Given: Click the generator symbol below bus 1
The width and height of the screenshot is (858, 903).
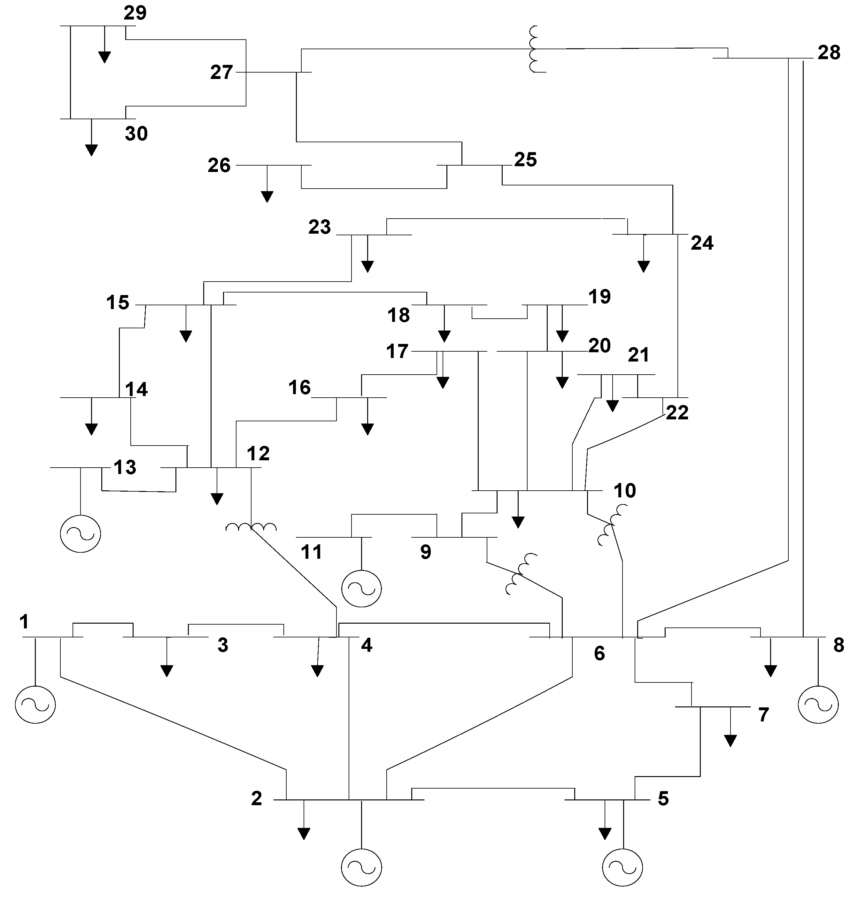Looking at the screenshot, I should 35,704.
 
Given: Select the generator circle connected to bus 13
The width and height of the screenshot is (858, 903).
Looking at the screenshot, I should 81,533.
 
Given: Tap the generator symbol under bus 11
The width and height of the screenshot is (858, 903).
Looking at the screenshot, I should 361,588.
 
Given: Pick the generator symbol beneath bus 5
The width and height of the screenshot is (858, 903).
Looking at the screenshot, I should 622,867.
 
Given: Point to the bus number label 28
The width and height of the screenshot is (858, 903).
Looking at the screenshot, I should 829,53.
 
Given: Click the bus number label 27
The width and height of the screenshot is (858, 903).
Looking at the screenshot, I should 221,72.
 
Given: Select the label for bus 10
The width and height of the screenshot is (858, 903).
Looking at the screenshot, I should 624,491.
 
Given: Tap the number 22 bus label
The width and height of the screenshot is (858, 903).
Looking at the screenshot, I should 677,413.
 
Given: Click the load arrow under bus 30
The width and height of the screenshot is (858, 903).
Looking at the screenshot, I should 91,150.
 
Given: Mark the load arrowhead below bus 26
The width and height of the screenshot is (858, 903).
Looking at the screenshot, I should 267,196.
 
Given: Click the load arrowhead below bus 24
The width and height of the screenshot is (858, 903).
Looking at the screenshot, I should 644,266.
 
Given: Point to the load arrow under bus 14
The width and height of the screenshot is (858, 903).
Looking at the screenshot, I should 91,429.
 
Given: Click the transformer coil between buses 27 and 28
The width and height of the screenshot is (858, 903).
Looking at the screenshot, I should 534,49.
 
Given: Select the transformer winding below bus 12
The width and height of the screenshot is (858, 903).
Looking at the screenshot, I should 251,527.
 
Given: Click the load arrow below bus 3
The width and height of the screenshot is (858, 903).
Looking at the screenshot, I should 167,671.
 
